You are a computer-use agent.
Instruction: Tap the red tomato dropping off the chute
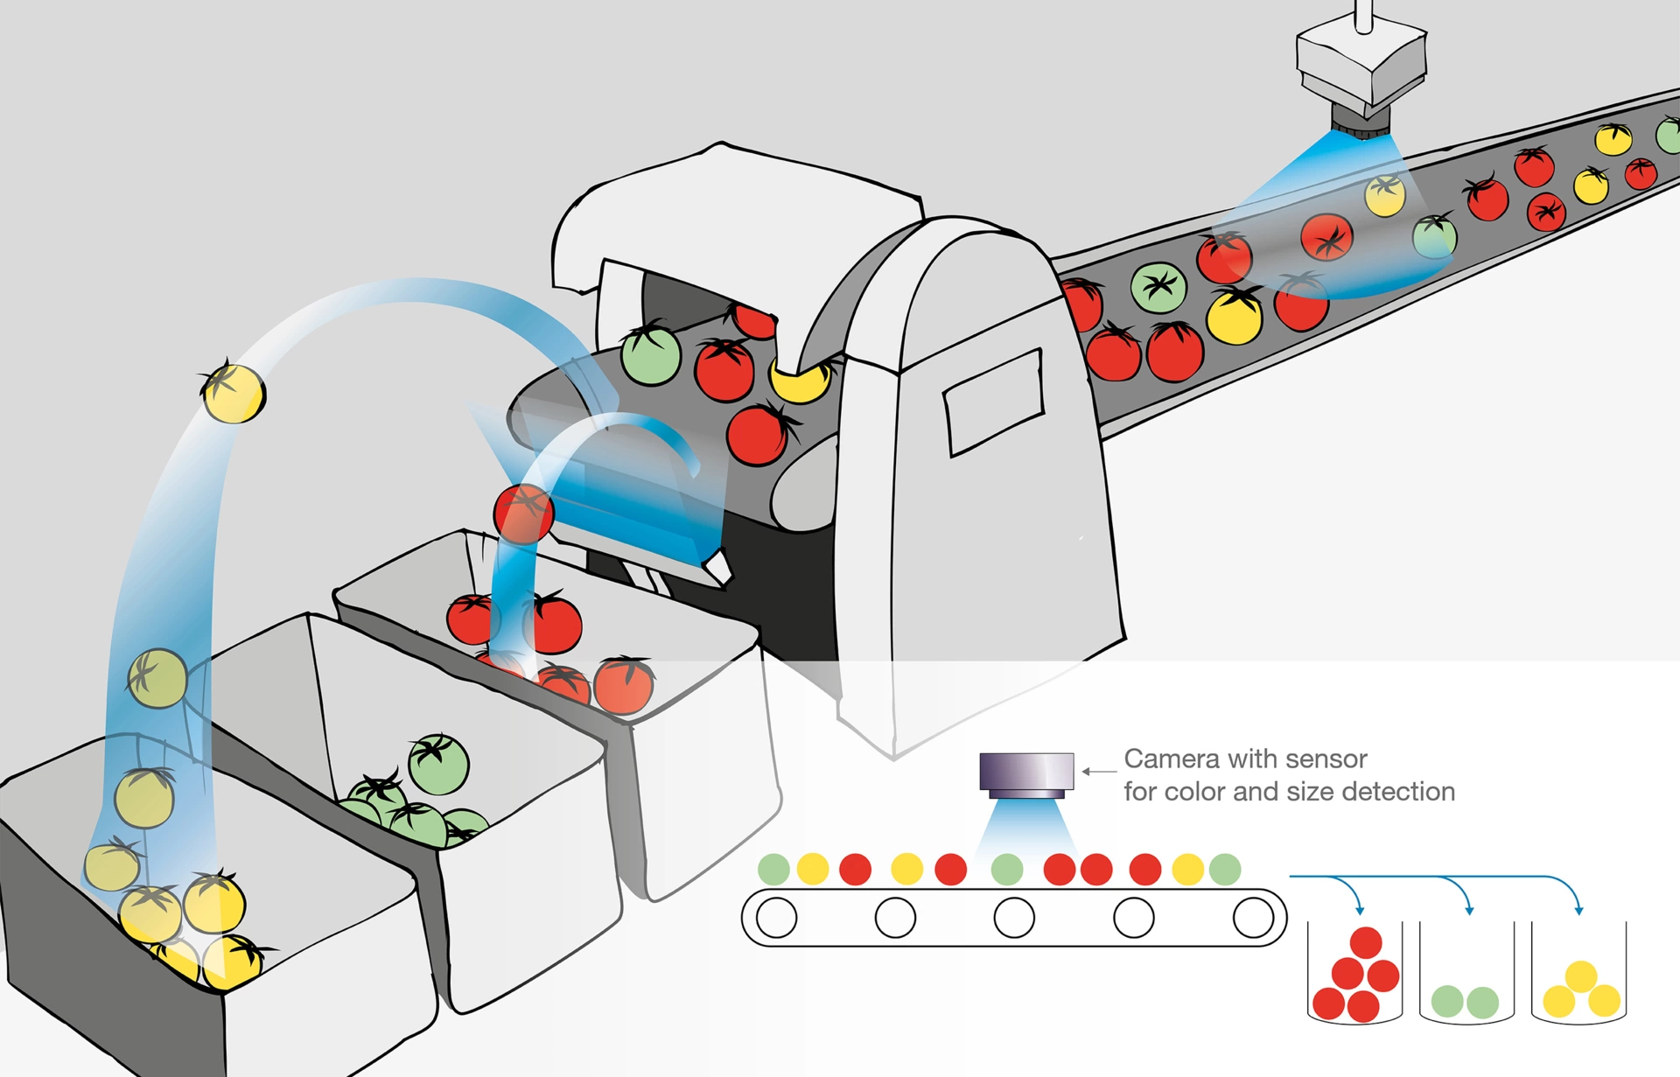tap(523, 514)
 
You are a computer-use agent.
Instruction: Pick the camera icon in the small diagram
tap(1026, 774)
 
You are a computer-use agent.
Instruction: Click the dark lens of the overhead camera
tap(1360, 121)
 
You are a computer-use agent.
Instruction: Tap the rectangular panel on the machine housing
tap(993, 402)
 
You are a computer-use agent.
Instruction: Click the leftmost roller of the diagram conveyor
tap(776, 918)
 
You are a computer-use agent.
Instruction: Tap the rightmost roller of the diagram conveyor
tap(1253, 918)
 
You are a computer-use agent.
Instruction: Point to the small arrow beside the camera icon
tap(1097, 772)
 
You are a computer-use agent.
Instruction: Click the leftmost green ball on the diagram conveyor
tap(773, 869)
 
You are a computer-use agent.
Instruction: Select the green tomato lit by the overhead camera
tap(1435, 235)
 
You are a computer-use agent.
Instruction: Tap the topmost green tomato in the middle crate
tap(438, 764)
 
